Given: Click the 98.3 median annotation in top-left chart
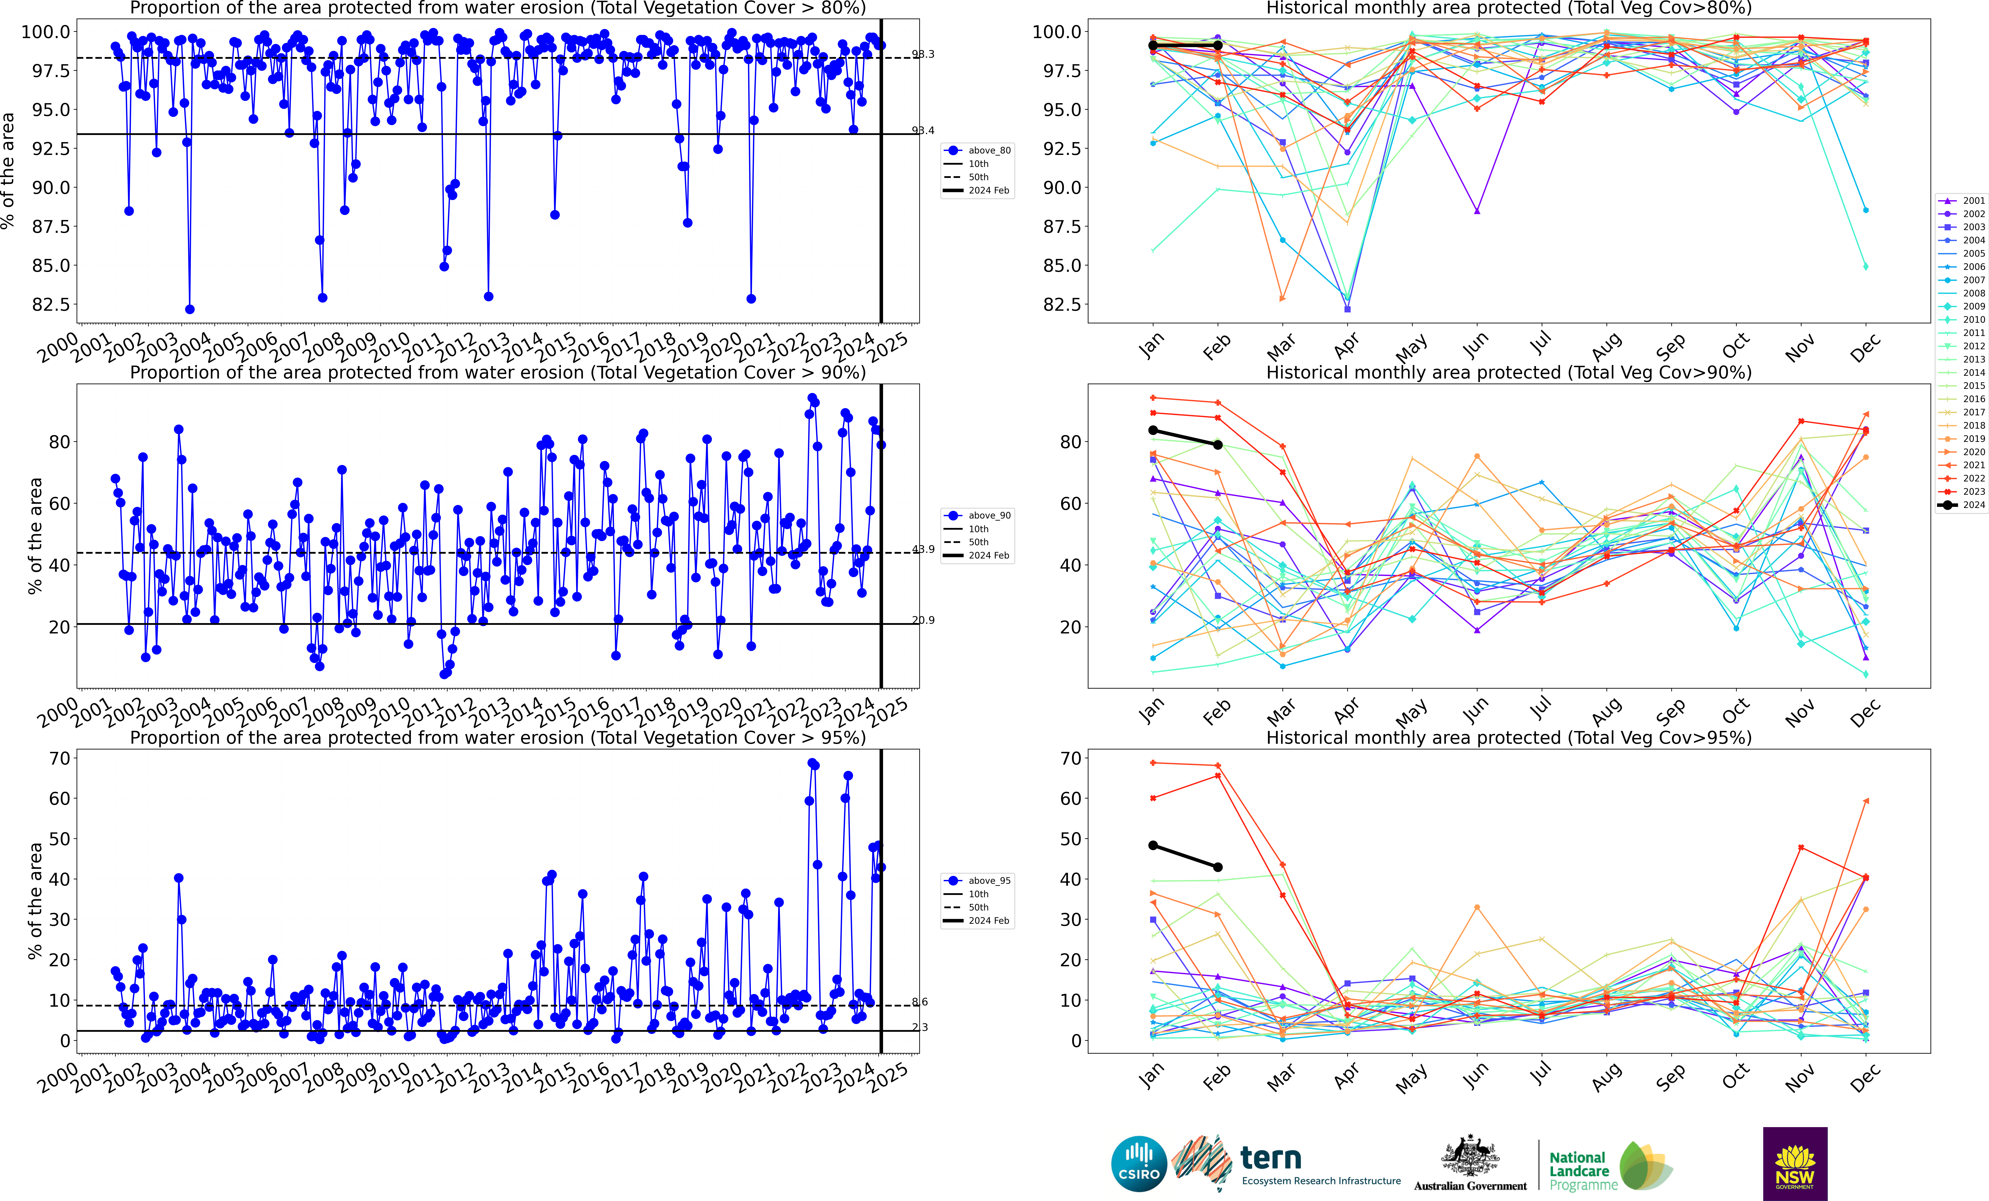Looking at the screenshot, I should pos(923,54).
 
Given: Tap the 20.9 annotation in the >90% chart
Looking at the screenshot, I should pos(923,620).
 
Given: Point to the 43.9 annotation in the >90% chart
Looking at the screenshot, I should pos(923,549).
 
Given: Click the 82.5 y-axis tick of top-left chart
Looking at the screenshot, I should pos(50,304).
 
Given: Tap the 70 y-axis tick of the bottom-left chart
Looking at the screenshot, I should pos(60,758).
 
